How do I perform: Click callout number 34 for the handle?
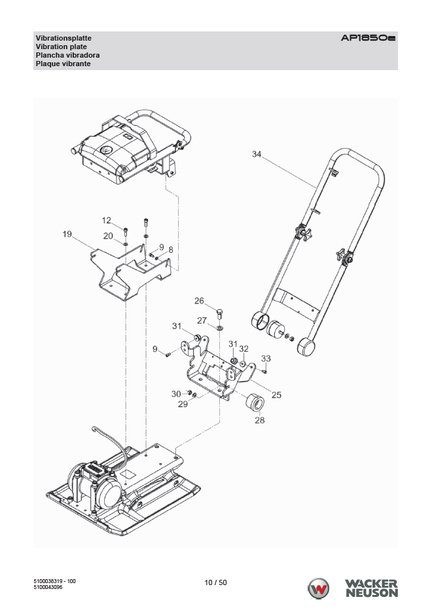point(257,154)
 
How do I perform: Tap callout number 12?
point(107,220)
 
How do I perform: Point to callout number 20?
point(109,235)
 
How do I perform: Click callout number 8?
point(171,250)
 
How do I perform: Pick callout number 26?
point(200,301)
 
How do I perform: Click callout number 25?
point(276,395)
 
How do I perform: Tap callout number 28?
point(260,420)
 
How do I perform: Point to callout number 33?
point(266,358)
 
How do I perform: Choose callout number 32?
point(244,349)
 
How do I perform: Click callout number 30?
point(176,393)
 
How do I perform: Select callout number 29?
point(183,404)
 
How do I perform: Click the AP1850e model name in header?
point(368,39)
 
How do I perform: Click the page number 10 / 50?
point(216,582)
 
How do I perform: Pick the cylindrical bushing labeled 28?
point(253,401)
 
